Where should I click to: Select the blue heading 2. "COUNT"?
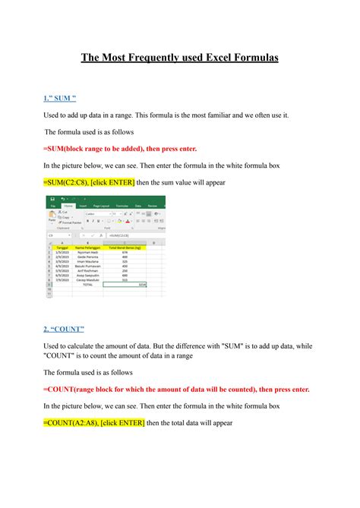coord(65,329)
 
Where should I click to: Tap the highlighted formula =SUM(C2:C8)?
coord(65,183)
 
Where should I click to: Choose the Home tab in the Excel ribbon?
coord(68,206)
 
